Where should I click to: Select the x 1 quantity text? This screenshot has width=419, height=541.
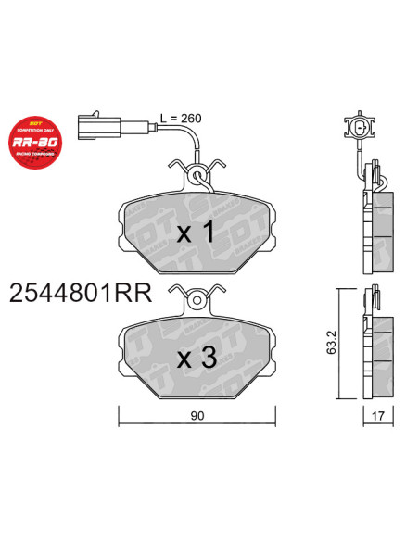195,233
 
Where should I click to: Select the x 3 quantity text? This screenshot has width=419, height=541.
195,356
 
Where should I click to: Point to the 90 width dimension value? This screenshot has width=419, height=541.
196,416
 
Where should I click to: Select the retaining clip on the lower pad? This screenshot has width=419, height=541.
196,299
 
